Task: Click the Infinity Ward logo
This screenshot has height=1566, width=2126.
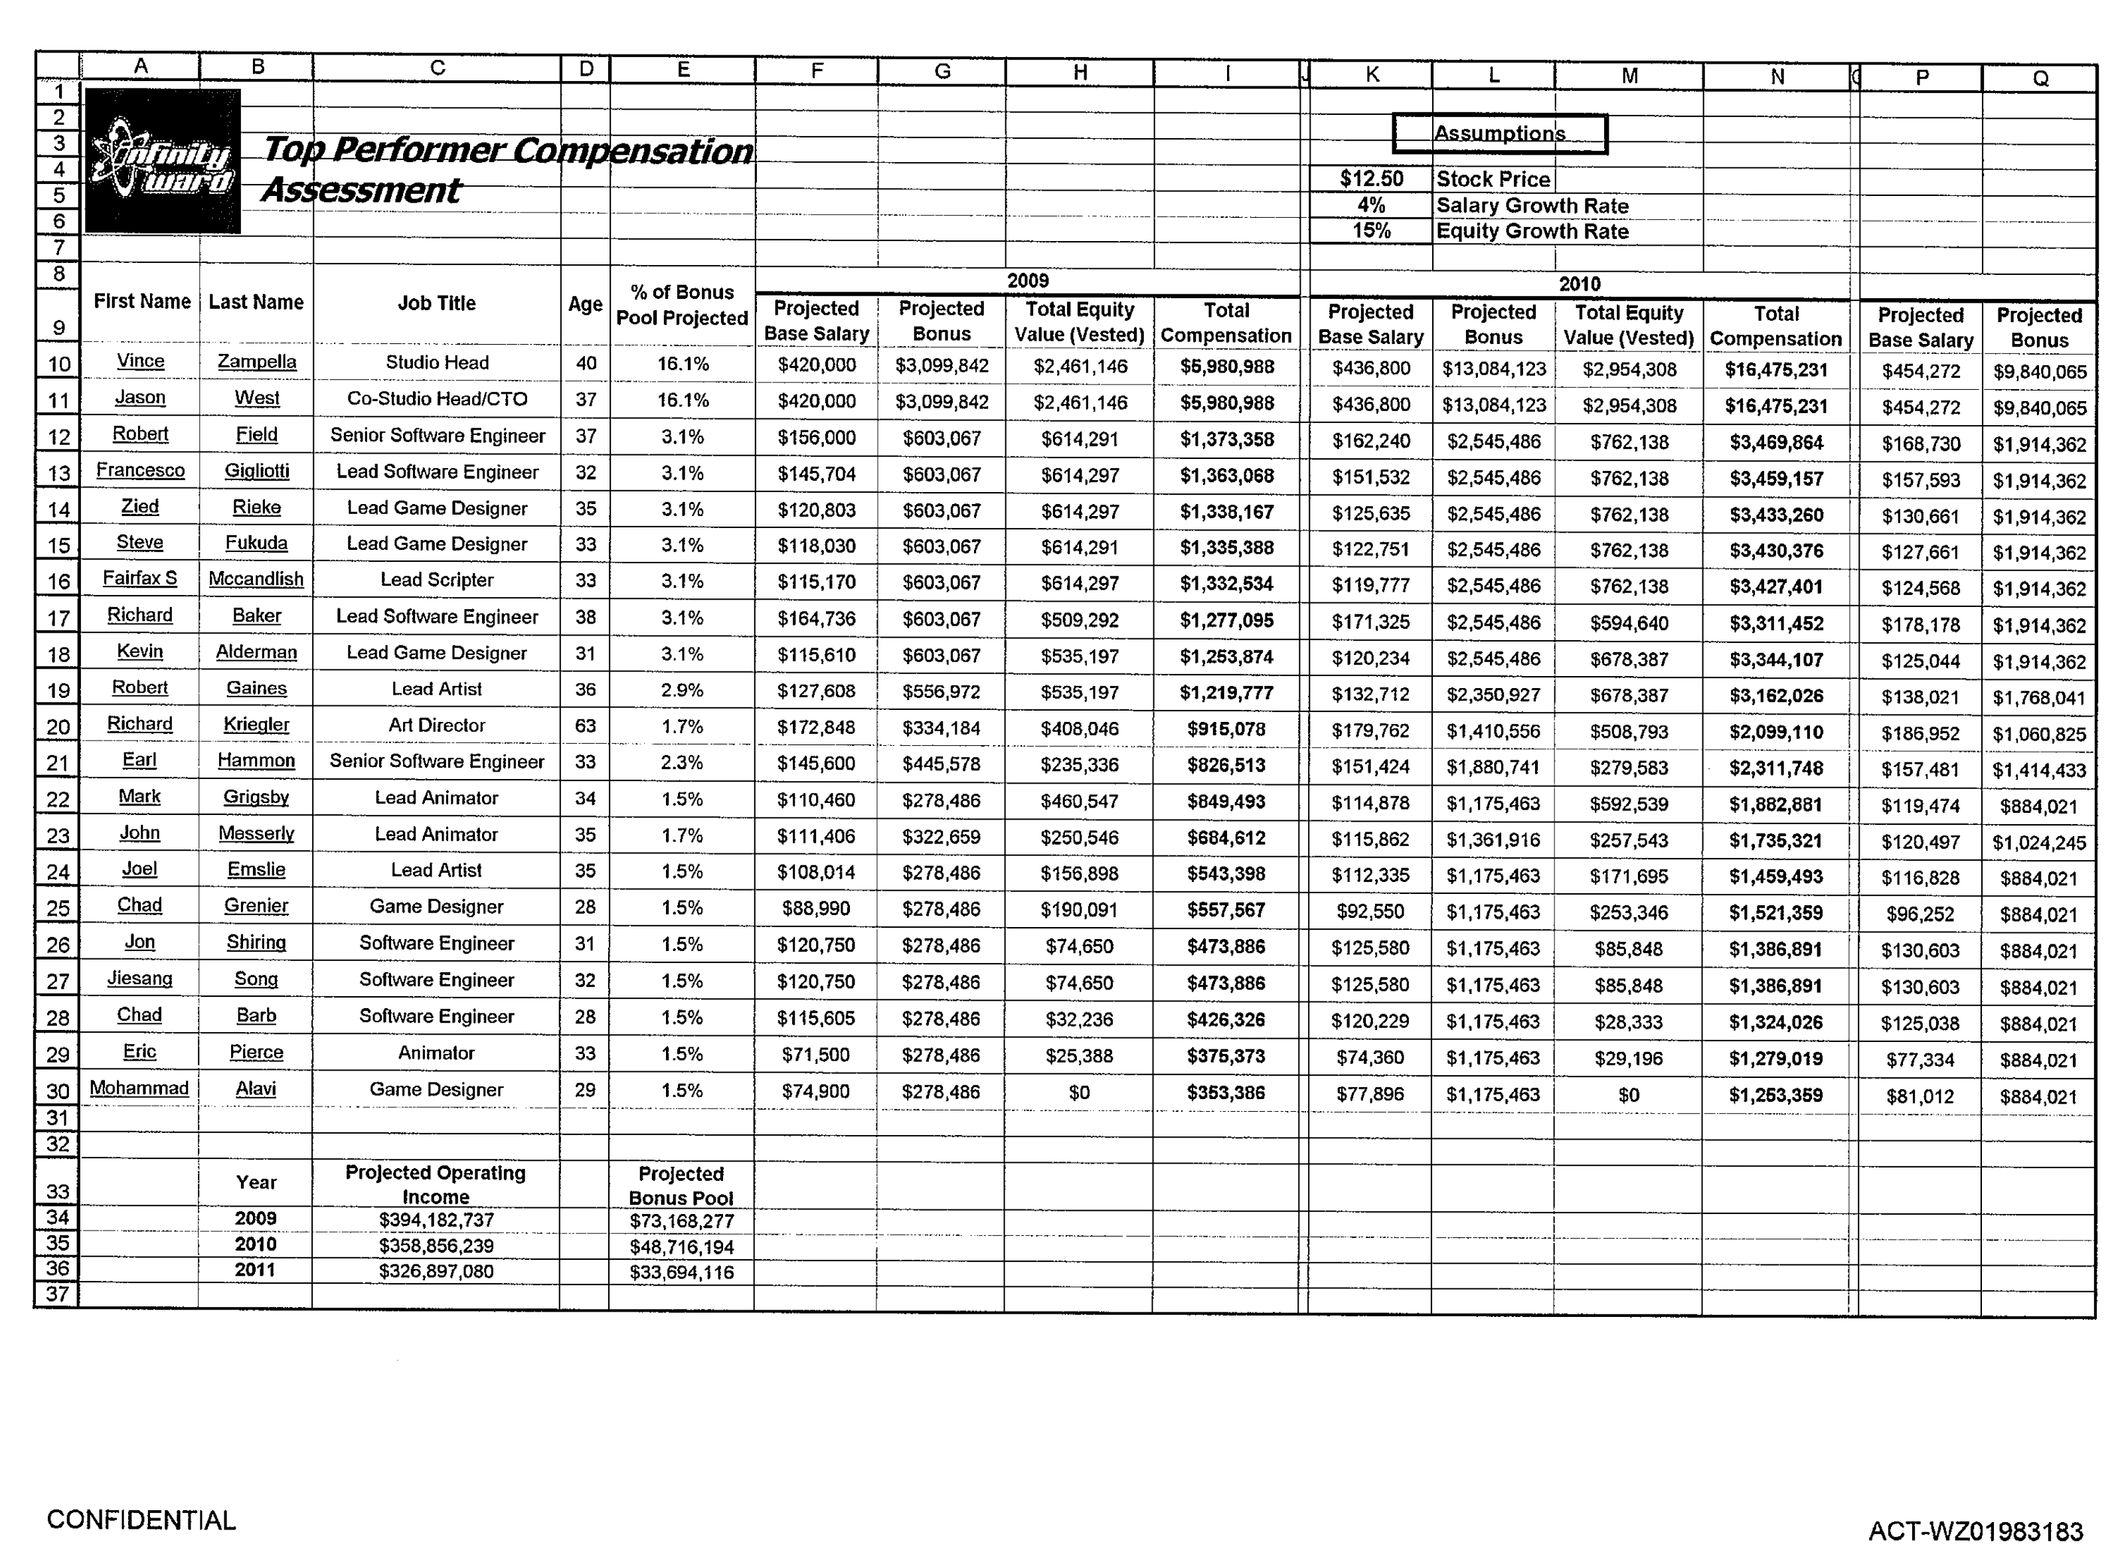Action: [162, 161]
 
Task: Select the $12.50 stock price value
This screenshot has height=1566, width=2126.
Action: [1370, 178]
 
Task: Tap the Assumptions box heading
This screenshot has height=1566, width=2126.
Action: [1499, 133]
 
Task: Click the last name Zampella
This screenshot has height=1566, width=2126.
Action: [257, 361]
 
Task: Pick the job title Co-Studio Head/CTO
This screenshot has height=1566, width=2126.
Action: [437, 399]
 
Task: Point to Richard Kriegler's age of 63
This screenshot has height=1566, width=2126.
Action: [586, 726]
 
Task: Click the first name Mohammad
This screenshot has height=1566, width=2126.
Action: [139, 1088]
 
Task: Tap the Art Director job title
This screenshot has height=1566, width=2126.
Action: [437, 725]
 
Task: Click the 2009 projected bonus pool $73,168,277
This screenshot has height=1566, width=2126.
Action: [681, 1221]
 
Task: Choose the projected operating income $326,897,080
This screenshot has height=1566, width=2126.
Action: [436, 1271]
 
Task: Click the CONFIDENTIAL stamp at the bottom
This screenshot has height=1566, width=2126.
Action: [141, 1520]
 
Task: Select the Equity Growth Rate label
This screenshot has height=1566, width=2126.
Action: [1532, 231]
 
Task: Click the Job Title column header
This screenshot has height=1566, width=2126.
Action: [436, 304]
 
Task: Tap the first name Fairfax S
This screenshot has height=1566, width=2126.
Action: [140, 578]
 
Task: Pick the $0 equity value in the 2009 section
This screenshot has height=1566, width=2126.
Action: [1079, 1092]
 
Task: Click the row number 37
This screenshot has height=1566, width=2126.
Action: [58, 1294]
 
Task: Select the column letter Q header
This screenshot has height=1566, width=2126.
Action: [2040, 78]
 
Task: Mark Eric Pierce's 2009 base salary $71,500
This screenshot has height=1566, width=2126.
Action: [815, 1054]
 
